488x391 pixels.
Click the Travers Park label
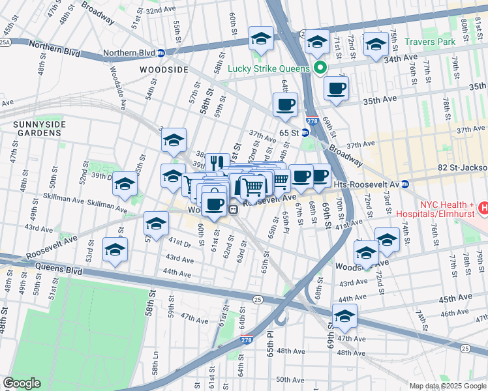pyautogui.click(x=433, y=42)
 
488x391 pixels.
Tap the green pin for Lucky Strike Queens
pyautogui.click(x=320, y=68)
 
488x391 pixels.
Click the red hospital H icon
pyautogui.click(x=483, y=208)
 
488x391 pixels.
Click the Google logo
pyautogui.click(x=22, y=383)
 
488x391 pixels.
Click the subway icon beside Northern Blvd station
pyautogui.click(x=160, y=53)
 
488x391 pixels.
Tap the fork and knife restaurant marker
pyautogui.click(x=217, y=162)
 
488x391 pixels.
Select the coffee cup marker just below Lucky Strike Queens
pyautogui.click(x=336, y=88)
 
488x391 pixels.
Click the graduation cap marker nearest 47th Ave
pyautogui.click(x=344, y=315)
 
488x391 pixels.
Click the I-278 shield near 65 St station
pyautogui.click(x=313, y=121)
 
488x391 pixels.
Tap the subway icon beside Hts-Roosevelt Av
pyautogui.click(x=404, y=184)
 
